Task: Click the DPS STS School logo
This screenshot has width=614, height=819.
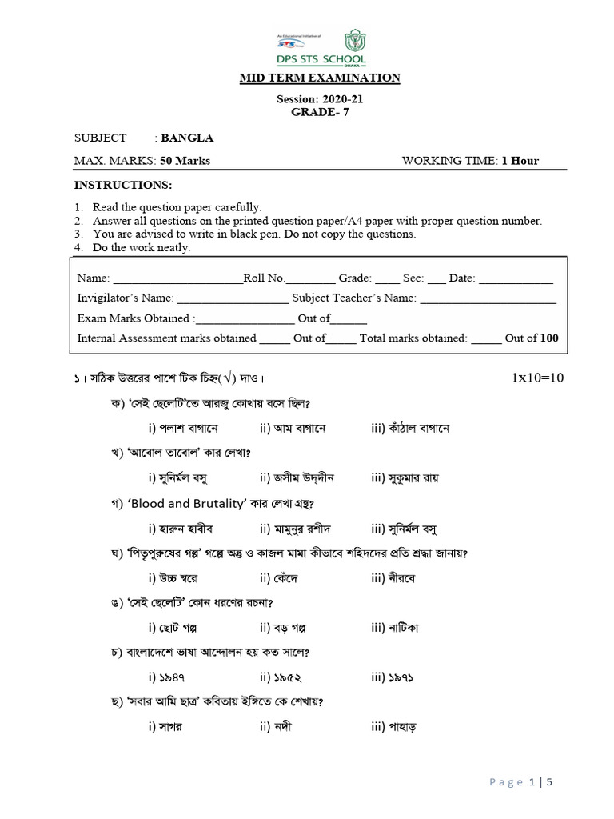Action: tap(321, 50)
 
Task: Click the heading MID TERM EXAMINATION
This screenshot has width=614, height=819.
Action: tap(321, 78)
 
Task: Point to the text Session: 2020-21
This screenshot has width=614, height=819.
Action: tap(320, 100)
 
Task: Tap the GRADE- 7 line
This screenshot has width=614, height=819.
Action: tap(320, 112)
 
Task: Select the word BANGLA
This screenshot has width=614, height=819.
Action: tap(187, 138)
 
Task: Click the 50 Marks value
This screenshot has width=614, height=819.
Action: tap(185, 161)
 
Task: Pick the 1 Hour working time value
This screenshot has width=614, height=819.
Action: tap(520, 161)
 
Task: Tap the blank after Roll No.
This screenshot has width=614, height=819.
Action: tap(310, 280)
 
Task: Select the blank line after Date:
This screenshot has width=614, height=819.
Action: tap(516, 280)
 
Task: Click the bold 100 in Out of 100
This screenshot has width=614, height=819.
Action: tap(549, 338)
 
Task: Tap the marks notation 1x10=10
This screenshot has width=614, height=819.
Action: tap(538, 378)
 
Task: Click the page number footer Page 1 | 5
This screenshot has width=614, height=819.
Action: tap(520, 782)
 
